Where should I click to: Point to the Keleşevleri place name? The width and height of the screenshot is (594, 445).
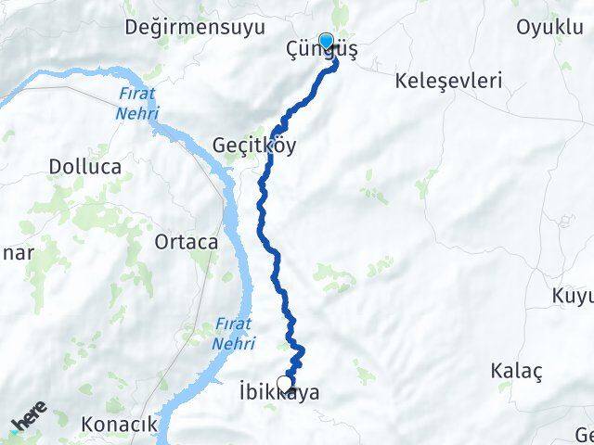tap(448, 81)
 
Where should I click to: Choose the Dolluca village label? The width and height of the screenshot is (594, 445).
tap(84, 168)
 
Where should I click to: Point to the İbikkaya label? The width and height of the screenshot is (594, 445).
tap(278, 393)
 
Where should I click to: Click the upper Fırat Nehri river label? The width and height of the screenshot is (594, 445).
tap(137, 103)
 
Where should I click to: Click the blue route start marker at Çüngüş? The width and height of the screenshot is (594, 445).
tap(326, 40)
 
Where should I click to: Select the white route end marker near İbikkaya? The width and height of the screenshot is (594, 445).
tap(284, 382)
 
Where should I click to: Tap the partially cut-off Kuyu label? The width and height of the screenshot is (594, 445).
tap(571, 297)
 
